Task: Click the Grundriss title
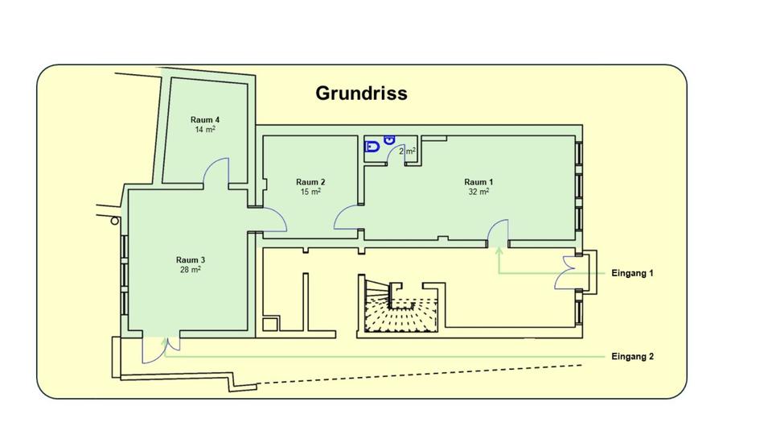pos(361,93)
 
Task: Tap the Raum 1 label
pos(478,182)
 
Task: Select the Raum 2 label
pos(310,182)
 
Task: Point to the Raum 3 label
pos(191,260)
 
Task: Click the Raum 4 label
pos(205,120)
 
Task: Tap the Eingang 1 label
pos(632,273)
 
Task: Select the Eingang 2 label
pos(632,356)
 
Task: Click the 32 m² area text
pos(478,193)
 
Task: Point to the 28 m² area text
pos(191,270)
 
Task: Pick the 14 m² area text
pos(205,130)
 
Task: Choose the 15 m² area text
pos(310,193)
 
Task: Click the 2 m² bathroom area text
pos(407,151)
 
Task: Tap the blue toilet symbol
pos(372,147)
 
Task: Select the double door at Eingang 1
pos(567,272)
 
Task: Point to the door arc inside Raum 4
pos(216,172)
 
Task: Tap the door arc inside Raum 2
pos(348,217)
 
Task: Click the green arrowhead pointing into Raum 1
pos(499,251)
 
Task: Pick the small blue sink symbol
pos(391,140)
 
